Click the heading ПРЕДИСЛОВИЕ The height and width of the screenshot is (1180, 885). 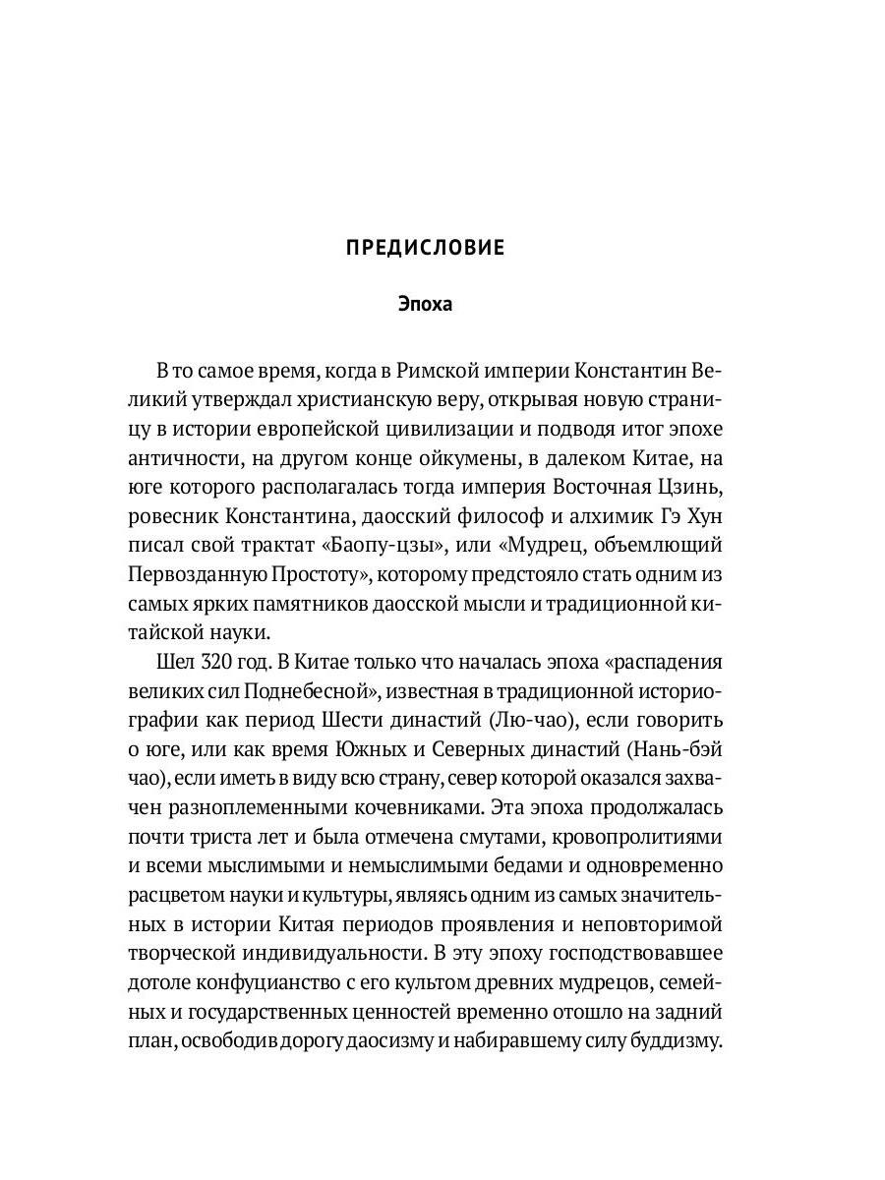[x=425, y=248]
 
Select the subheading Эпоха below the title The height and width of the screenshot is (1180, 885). [x=425, y=304]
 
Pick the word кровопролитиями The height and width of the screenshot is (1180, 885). [x=637, y=839]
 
